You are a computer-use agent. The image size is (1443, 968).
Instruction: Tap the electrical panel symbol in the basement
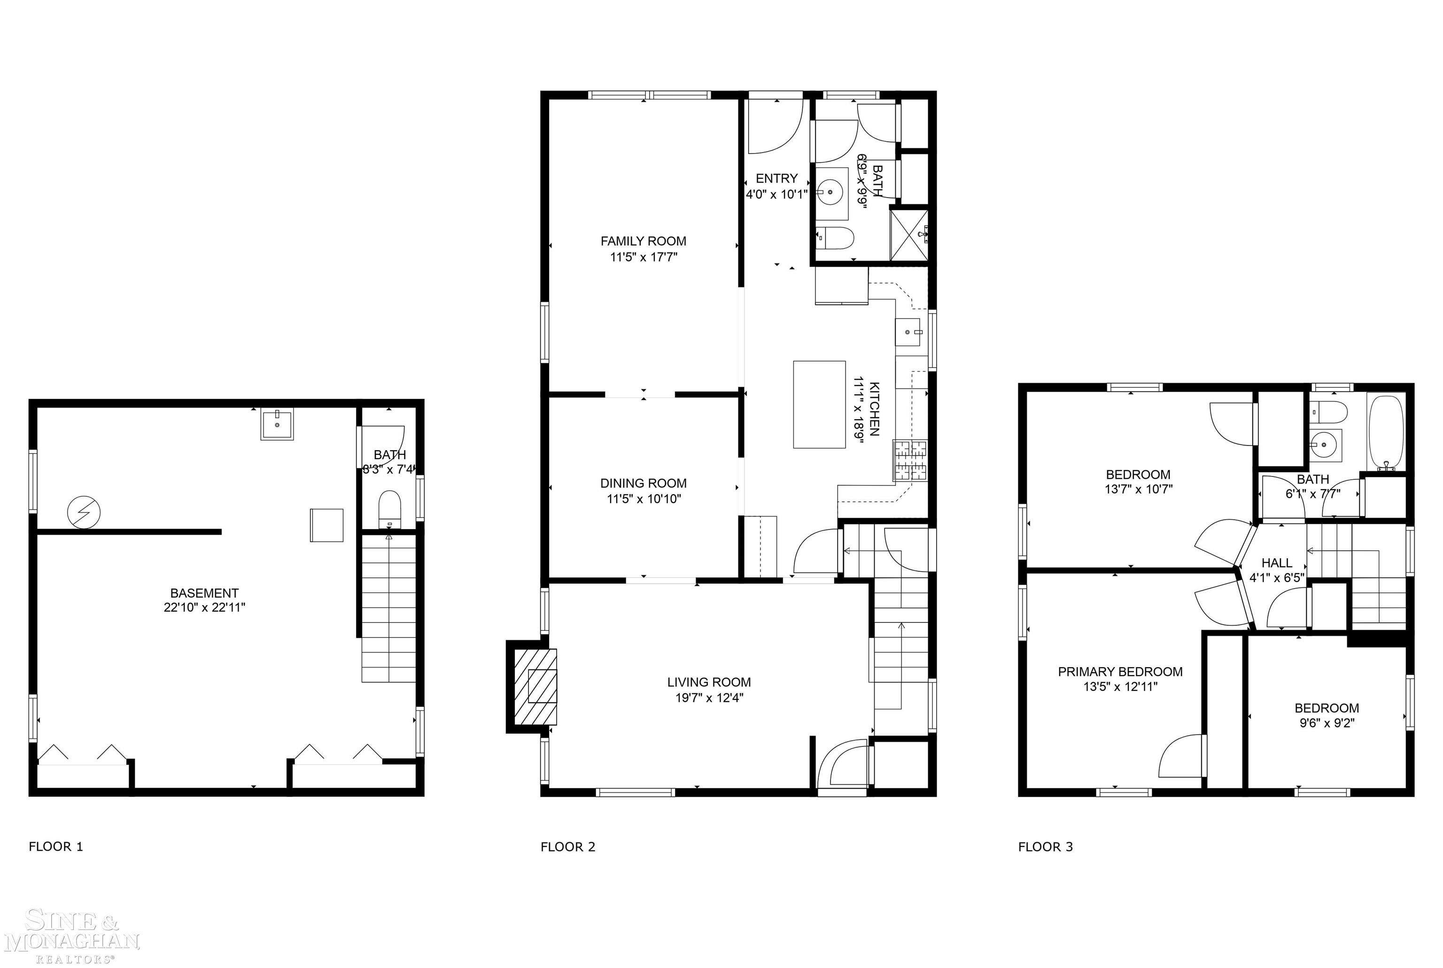84,512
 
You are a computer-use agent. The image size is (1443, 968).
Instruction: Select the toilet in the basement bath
389,509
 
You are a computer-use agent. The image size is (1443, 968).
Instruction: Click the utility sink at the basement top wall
277,424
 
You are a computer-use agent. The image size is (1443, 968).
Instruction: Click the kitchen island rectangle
819,404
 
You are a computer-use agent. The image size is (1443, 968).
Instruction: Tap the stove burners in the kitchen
910,461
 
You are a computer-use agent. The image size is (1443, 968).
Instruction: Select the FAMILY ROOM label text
643,241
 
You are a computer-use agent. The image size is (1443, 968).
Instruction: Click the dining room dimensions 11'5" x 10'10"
643,499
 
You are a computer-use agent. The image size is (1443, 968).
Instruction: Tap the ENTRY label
776,178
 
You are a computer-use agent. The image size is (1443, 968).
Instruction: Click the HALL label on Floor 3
1276,563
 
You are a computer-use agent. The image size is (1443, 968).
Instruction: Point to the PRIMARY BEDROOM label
1120,672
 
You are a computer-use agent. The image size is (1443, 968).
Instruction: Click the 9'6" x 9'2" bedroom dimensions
1326,723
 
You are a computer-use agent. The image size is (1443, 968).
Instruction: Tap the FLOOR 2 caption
568,847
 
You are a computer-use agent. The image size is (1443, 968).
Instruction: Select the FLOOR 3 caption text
1045,847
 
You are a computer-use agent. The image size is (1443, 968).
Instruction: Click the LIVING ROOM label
708,682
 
